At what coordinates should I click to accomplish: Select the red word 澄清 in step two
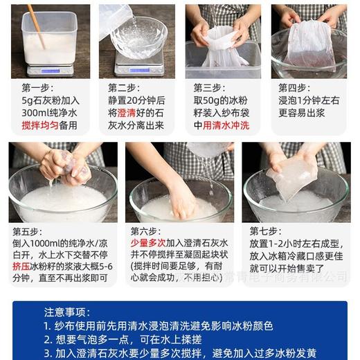[125, 113]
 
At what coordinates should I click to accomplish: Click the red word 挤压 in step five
[22, 269]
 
